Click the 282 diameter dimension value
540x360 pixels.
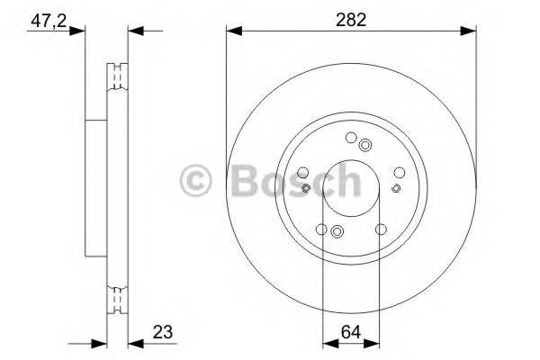click(350, 19)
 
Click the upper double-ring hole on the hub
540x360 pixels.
click(364, 146)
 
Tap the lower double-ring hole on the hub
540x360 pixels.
click(337, 231)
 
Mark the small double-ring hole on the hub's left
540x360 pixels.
click(307, 188)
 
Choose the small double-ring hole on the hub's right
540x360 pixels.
click(396, 188)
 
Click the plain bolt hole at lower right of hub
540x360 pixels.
click(381, 229)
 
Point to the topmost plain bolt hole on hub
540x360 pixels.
click(349, 137)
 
